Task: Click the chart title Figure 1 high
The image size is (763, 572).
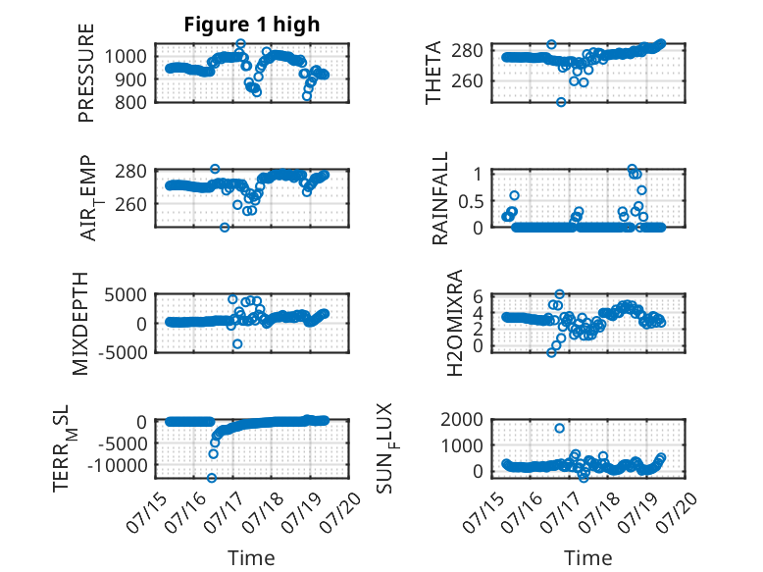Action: coord(252,25)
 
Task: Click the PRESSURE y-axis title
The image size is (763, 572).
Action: coord(85,73)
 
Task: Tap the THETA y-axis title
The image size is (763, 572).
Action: coord(432,73)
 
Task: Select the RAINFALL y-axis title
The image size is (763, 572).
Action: coord(439,198)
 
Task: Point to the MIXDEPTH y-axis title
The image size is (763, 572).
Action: coord(80,323)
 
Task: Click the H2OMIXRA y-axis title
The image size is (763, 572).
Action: coord(455,323)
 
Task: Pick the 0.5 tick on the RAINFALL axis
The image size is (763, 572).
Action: coord(470,200)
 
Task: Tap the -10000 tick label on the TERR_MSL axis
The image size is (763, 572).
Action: coord(118,465)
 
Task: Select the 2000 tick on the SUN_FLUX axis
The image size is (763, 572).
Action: coord(462,419)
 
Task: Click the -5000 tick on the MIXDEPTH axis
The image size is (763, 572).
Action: coord(123,352)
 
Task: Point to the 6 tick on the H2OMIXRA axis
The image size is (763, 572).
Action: coord(478,295)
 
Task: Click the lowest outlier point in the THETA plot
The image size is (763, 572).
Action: coord(561,102)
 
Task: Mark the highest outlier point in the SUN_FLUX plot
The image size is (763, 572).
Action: coord(560,429)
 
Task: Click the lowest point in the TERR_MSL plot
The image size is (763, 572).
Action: coord(212,478)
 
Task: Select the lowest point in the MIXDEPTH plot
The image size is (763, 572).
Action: coord(237,343)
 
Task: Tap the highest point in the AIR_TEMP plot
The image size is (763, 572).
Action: coord(215,169)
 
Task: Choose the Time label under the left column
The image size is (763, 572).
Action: coord(251,557)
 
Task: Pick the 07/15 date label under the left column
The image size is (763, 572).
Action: coord(146,511)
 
